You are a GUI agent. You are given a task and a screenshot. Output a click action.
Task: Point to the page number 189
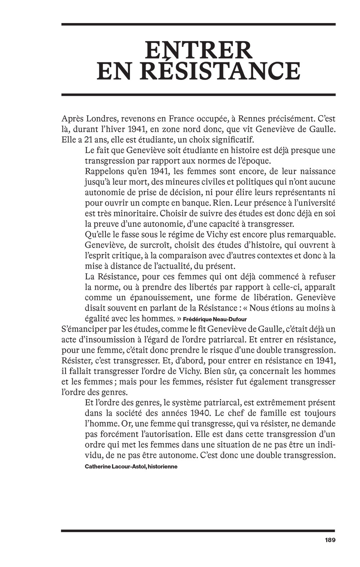330,540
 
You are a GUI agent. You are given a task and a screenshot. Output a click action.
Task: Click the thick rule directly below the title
198,95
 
